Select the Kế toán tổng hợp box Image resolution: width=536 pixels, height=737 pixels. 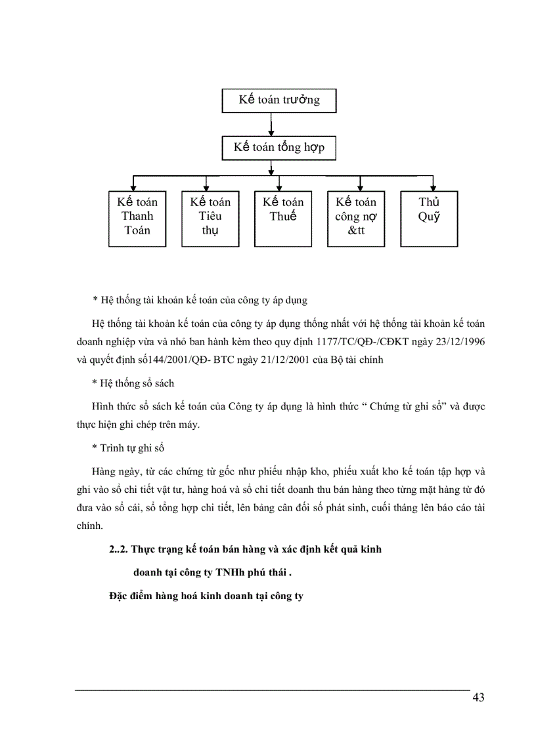coord(279,147)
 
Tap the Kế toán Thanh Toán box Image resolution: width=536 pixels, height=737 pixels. coord(137,219)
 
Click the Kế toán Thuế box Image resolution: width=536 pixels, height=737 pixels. coord(283,219)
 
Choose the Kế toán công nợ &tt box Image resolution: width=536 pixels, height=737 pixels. coord(356,219)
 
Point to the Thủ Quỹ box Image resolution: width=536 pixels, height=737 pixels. coord(429,219)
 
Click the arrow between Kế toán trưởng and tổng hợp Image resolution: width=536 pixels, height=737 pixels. coord(271,125)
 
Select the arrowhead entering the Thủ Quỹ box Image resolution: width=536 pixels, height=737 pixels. coord(433,187)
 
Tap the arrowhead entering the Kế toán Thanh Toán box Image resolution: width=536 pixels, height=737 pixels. coord(134,187)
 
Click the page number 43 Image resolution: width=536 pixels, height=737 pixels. coord(478,697)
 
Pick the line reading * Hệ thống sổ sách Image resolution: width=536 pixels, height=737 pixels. coord(133,383)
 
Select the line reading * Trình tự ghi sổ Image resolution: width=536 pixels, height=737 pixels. coord(128,448)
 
